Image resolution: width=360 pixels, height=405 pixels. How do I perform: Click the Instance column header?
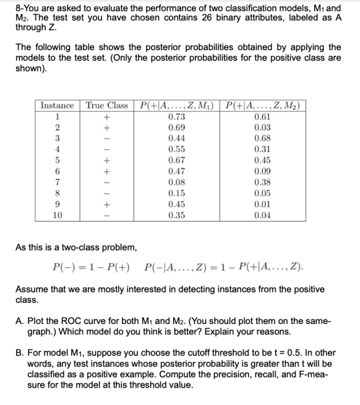(58, 105)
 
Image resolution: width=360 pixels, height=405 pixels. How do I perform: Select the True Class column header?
(107, 105)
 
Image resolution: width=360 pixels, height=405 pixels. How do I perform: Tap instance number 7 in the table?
(58, 182)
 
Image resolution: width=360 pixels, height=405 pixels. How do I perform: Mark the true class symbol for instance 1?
(107, 116)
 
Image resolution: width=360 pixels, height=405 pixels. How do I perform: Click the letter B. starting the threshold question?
(20, 353)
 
